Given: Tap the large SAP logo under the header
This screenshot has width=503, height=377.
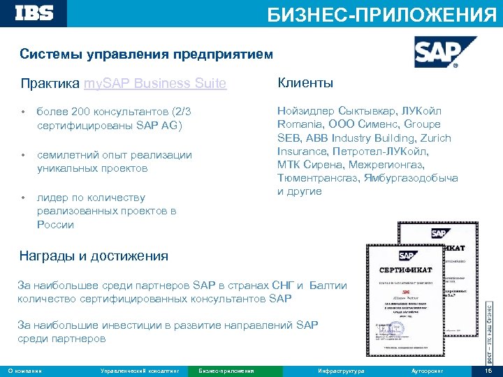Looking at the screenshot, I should point(435,52).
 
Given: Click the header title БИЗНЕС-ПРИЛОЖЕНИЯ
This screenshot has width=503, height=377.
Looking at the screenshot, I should point(382,15).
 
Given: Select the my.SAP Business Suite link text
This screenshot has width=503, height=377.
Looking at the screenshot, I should point(154,84).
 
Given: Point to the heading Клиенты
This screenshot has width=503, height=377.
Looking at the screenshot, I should point(305,83).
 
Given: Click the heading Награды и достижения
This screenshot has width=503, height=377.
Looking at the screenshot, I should point(94,256).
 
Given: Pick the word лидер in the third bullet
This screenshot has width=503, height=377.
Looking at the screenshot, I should point(53,197).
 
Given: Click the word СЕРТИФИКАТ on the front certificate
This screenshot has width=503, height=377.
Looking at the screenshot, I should point(405,269).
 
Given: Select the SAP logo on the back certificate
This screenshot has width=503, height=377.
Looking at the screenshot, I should point(438,235).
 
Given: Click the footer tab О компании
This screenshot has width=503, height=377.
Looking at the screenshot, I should point(24,371).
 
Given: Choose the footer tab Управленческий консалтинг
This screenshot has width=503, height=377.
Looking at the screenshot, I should point(140,371).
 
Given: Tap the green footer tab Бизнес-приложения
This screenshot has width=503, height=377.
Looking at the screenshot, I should point(226,371).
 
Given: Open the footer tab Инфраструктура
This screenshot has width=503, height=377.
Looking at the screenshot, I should point(341,371).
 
